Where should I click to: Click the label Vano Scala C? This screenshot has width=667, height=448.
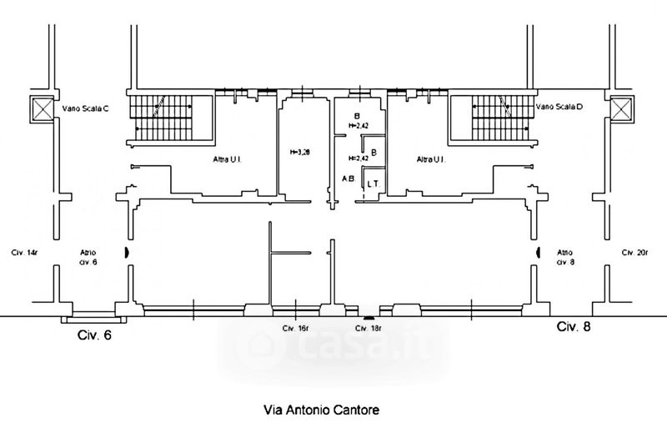pyautogui.click(x=86, y=108)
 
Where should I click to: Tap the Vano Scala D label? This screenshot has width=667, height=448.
pyautogui.click(x=559, y=107)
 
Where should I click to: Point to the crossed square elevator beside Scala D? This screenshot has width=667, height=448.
pyautogui.click(x=621, y=108)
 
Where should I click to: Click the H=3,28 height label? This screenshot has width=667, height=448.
pyautogui.click(x=300, y=153)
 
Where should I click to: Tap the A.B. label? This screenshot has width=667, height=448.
pyautogui.click(x=349, y=179)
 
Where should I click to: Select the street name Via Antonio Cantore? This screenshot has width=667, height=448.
pyautogui.click(x=323, y=410)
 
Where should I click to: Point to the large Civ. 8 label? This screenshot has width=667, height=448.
pyautogui.click(x=574, y=328)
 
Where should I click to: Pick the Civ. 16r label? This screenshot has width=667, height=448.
pyautogui.click(x=296, y=329)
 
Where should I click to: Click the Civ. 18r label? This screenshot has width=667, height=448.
pyautogui.click(x=368, y=329)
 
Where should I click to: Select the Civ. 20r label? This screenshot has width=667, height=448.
pyautogui.click(x=634, y=252)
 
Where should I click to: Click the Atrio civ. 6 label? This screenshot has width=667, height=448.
pyautogui.click(x=89, y=256)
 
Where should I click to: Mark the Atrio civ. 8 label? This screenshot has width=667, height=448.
pyautogui.click(x=565, y=256)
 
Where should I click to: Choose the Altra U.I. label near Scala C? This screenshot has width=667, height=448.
pyautogui.click(x=227, y=159)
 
